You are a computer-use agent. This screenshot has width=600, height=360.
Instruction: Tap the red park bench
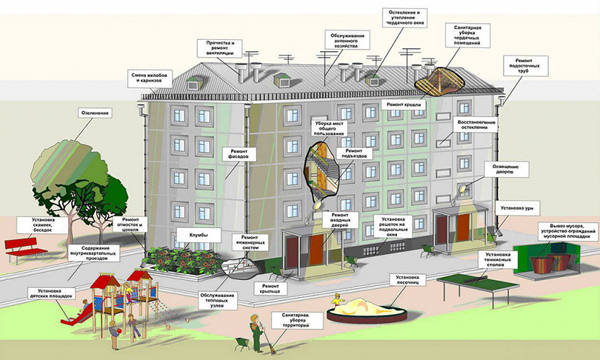(26, 250)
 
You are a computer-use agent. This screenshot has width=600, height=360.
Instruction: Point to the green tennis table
(474, 280)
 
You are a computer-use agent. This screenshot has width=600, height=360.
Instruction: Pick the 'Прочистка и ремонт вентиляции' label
(221, 47)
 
